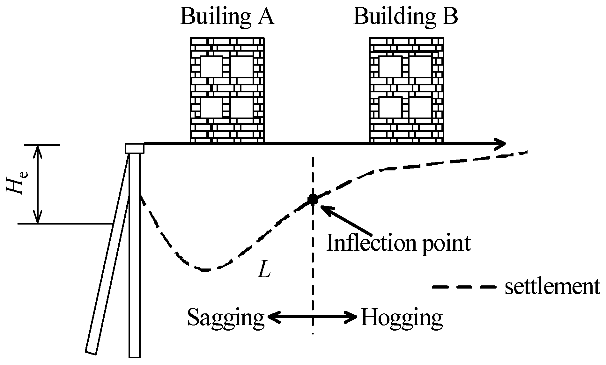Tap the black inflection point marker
click(312, 199)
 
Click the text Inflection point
click(399, 244)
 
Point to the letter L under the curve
click(264, 271)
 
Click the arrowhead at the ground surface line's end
click(501, 144)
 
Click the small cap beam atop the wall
click(134, 148)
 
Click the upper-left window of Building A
click(211, 67)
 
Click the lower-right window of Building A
click(242, 108)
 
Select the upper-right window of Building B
click(420, 67)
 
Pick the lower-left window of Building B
click(390, 108)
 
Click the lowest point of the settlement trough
click(206, 270)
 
